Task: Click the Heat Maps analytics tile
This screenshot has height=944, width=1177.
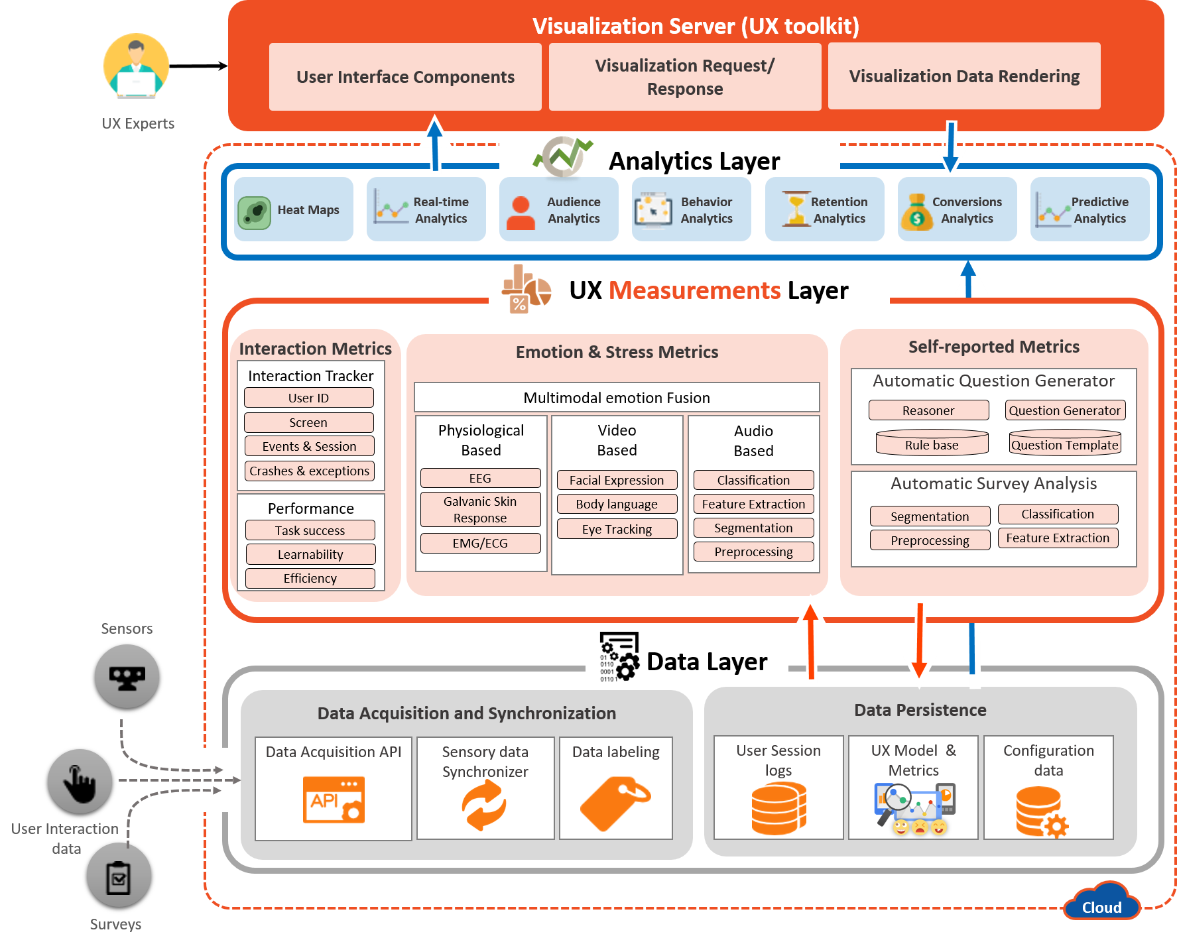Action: [x=293, y=209]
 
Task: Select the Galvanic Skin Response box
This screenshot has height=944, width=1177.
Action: [x=480, y=510]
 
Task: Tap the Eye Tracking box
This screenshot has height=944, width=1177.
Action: [x=617, y=529]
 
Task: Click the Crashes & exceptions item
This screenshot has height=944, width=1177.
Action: [x=309, y=471]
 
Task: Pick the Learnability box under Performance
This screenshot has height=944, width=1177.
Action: [x=310, y=554]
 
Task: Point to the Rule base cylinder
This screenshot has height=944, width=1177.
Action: [x=932, y=443]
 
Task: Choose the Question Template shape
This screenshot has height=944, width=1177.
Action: [x=1064, y=443]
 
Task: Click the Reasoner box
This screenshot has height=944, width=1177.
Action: [x=928, y=410]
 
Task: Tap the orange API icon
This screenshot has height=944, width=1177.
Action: [x=334, y=799]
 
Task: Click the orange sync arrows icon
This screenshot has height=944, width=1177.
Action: [x=485, y=804]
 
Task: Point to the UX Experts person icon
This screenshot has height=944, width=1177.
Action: [x=137, y=66]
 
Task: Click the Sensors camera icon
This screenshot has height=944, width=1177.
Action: [x=127, y=677]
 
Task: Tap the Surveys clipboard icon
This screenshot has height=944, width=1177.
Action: [x=119, y=876]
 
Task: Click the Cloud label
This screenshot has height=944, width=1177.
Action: [x=1101, y=907]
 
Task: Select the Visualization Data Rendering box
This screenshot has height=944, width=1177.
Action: [x=964, y=76]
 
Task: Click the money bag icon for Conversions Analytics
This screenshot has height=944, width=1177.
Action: [x=916, y=211]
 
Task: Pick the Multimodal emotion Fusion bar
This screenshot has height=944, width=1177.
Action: [x=617, y=398]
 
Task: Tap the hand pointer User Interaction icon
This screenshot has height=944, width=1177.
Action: [x=80, y=782]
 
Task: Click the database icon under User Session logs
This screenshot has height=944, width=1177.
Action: [x=778, y=807]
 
